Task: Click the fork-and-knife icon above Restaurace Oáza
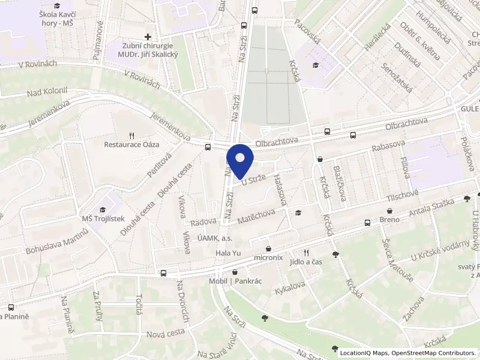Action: (131, 135)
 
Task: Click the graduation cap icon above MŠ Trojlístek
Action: (102, 209)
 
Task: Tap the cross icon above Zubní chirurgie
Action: (148, 37)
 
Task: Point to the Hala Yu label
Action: (228, 253)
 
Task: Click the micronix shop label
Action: (268, 257)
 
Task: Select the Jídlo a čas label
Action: (306, 262)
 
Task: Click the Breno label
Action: (390, 220)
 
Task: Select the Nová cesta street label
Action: (166, 333)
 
